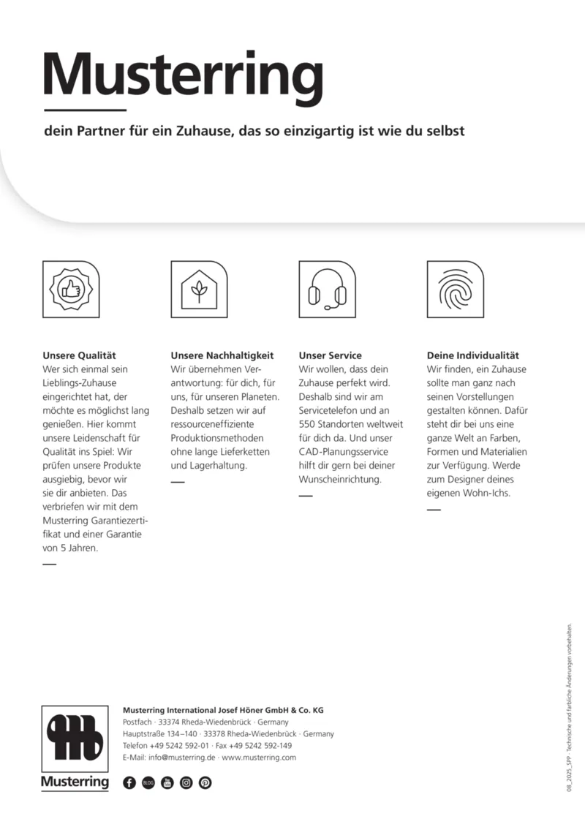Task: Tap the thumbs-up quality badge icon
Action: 72,290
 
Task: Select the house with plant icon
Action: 199,290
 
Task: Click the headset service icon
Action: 327,290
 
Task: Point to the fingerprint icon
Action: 455,290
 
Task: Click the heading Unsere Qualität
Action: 80,355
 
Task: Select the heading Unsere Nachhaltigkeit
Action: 222,355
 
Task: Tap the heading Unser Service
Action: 331,355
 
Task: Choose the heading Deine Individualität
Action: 472,355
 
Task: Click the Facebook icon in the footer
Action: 129,782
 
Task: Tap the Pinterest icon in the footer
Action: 205,782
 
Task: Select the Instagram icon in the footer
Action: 186,782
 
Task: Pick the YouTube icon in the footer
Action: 167,782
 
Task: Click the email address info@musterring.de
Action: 181,758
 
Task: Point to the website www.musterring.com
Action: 259,758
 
